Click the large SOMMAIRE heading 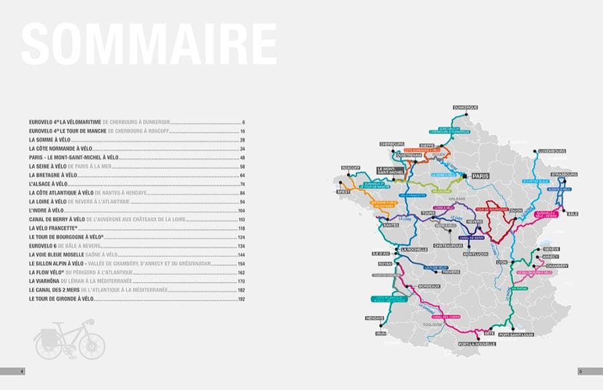click(149, 45)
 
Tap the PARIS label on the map click(480, 176)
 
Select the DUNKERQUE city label click(465, 107)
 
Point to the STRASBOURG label click(563, 174)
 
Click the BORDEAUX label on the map click(429, 286)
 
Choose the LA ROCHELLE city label click(413, 249)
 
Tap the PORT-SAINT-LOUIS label click(517, 334)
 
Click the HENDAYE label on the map click(375, 318)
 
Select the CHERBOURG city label click(392, 144)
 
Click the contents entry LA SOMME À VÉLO click(50, 139)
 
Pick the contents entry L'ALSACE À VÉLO click(49, 184)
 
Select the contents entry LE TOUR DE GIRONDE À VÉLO click(61, 298)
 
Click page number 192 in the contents click(242, 298)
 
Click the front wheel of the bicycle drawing click(92, 344)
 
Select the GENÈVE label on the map click(551, 249)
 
